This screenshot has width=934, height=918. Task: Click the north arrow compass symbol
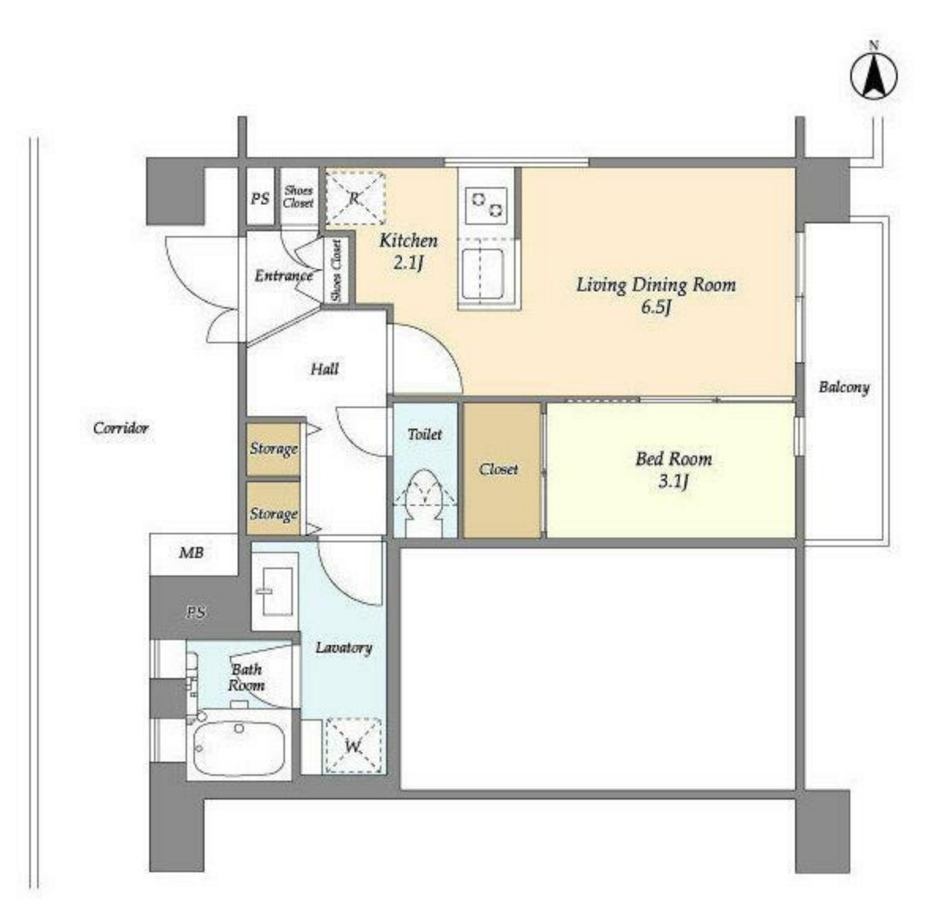click(874, 76)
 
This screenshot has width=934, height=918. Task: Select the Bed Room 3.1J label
click(673, 470)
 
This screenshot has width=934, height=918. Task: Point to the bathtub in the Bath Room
click(239, 747)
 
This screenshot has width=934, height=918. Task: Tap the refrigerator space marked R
click(355, 198)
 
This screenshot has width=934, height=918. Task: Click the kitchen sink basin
click(482, 274)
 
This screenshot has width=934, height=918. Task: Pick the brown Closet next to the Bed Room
click(502, 470)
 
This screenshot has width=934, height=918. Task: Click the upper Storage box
click(273, 449)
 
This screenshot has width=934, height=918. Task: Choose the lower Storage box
click(273, 508)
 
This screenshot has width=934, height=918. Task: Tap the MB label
click(191, 553)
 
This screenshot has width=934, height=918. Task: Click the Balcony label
click(843, 388)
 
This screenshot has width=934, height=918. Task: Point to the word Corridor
click(121, 428)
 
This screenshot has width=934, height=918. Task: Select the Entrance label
click(283, 275)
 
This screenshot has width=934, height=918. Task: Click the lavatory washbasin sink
click(275, 590)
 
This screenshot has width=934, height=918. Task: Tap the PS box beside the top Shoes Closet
click(261, 198)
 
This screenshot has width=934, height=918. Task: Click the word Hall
click(324, 369)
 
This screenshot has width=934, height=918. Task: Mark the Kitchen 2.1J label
click(409, 250)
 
